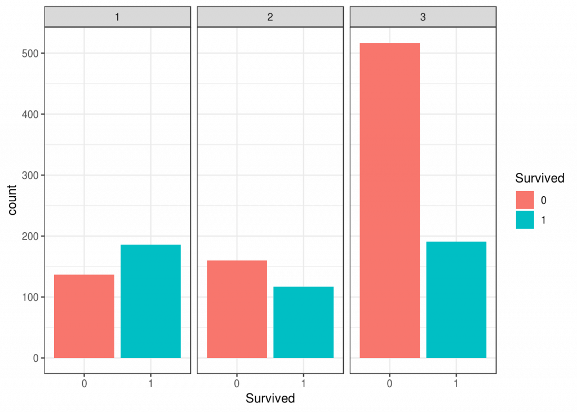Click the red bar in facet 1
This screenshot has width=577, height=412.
[84, 316]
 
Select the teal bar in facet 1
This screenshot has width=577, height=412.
[150, 302]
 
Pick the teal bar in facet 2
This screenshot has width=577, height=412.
[303, 322]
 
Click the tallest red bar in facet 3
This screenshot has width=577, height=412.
[389, 200]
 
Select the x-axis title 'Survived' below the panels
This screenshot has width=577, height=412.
[270, 398]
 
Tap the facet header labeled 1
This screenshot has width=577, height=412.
[117, 17]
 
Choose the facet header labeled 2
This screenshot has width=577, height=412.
[270, 17]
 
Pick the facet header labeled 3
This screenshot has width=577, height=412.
[423, 17]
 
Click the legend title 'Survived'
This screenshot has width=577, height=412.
[540, 179]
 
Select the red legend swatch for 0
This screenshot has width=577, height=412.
[525, 200]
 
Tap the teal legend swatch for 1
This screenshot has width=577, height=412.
[525, 220]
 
